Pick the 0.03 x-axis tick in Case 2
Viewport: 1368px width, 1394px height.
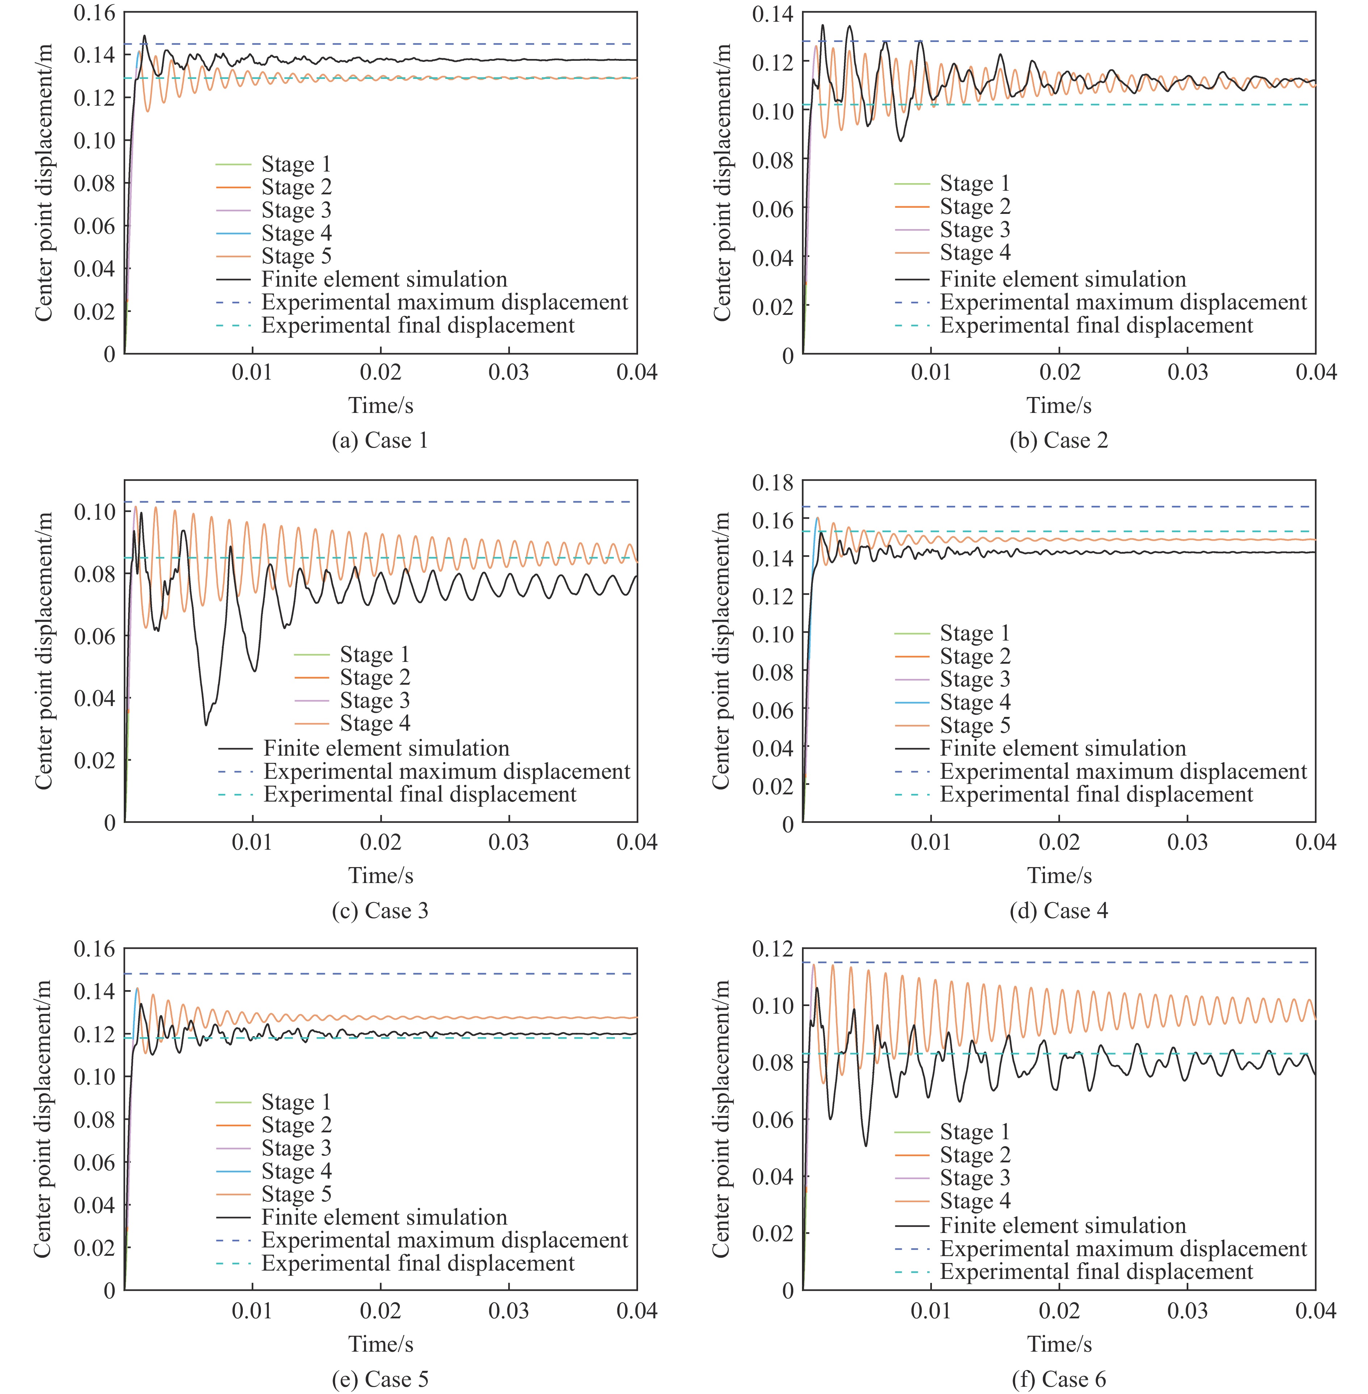[1187, 372]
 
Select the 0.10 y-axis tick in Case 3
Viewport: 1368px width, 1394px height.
[94, 512]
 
